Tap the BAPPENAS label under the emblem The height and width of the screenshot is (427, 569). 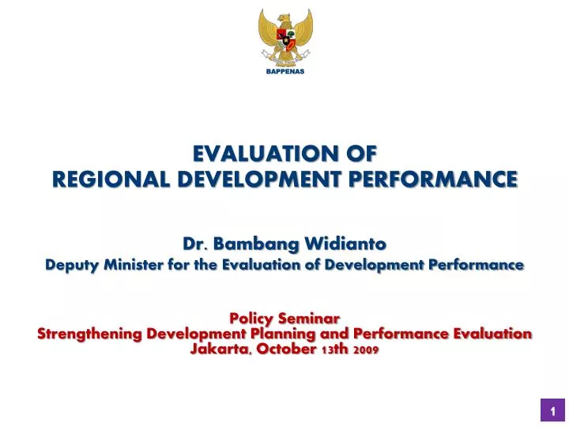[x=284, y=71]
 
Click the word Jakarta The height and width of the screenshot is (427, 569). [x=218, y=349]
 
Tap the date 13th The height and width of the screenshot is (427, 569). [x=337, y=349]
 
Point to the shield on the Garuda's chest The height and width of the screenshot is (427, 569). [x=284, y=35]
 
